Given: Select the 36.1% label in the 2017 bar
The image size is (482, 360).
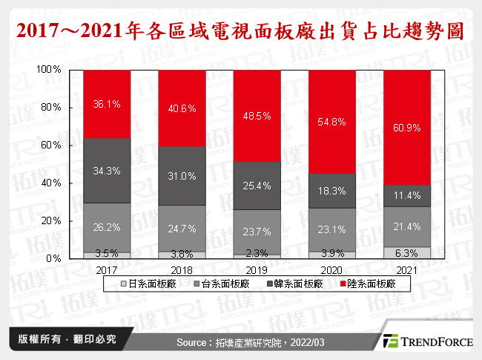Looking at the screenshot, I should [106, 105].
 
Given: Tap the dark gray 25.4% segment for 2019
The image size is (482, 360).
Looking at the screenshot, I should [257, 186].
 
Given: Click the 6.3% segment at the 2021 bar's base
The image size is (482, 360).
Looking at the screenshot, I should [408, 252].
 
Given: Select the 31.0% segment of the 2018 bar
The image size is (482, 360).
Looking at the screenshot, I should [182, 176].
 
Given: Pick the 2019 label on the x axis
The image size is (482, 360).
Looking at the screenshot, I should [257, 269].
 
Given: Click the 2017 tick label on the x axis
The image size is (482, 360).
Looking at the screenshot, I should [106, 269].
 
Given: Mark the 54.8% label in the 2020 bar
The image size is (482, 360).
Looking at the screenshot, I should [332, 121].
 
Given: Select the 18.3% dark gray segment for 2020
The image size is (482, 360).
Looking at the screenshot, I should [332, 191].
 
